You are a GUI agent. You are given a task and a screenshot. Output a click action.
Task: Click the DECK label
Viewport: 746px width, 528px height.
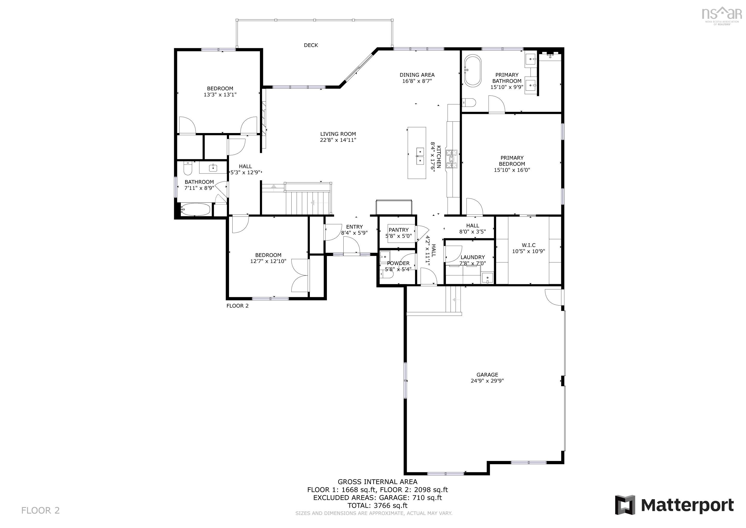tap(311, 45)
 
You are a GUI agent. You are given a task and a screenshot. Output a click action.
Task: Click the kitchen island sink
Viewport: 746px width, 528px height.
tap(420, 156)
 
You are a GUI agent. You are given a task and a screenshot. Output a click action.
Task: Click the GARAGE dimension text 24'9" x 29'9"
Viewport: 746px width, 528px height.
tap(487, 381)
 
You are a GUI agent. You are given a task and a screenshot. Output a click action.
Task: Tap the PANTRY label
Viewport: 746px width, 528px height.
tap(398, 230)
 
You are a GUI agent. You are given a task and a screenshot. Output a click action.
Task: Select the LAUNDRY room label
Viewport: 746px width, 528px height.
tap(472, 257)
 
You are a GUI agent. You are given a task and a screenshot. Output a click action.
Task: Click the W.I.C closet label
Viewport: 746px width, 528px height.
tap(528, 245)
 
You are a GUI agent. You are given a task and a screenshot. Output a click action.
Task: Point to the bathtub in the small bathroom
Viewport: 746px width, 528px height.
tap(195, 210)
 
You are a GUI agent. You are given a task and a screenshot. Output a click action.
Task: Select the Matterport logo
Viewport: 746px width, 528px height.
tap(674, 505)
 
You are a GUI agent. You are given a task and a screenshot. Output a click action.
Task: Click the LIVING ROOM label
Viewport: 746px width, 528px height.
tap(338, 134)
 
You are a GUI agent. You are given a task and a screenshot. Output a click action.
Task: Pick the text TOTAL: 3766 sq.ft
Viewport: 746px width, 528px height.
tap(377, 506)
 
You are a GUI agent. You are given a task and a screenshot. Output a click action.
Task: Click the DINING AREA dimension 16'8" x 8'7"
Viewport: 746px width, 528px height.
tap(417, 81)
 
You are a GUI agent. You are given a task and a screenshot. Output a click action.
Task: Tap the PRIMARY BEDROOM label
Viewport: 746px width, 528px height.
tap(512, 161)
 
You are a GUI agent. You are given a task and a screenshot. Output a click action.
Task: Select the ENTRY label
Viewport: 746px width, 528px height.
tap(354, 227)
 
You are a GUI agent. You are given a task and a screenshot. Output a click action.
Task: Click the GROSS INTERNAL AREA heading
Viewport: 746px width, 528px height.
tap(377, 482)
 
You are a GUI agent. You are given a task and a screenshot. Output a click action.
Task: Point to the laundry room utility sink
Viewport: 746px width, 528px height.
tap(487, 278)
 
